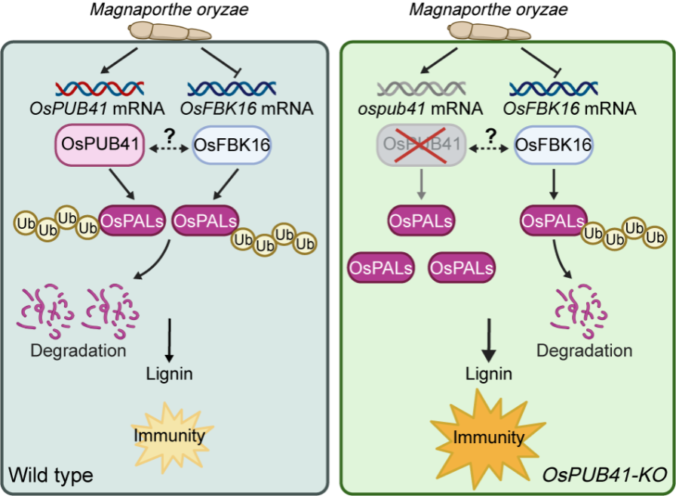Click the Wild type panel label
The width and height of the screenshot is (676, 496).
[x=51, y=475]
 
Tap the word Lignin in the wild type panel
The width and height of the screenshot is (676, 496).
[x=170, y=374]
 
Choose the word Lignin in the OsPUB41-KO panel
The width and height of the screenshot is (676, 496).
[x=489, y=374]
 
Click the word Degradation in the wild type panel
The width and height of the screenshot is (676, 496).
[x=78, y=351]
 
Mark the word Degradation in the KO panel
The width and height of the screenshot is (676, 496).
[x=585, y=350]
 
